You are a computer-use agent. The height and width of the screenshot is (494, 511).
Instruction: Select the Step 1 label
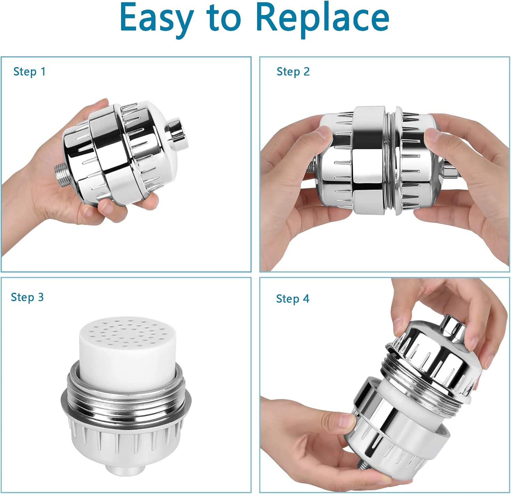coord(29,72)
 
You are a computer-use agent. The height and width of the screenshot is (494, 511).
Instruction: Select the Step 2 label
coord(293,72)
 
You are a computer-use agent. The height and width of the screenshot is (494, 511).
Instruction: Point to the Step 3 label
coord(27,297)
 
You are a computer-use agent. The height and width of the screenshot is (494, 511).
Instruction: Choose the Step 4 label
coord(293,299)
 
